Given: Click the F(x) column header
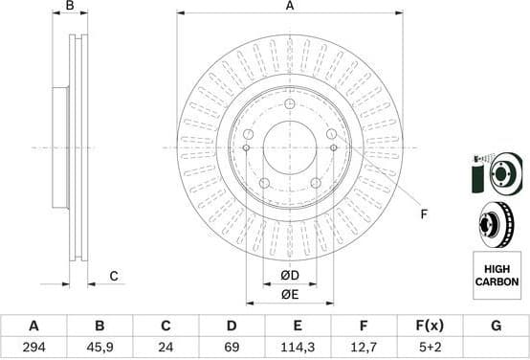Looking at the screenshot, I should click(430, 326).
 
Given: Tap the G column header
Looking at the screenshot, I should click(496, 326).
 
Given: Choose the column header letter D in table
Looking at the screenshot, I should click(232, 326).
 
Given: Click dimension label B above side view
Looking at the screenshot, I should click(69, 7).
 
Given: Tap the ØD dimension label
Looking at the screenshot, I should click(289, 277).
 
